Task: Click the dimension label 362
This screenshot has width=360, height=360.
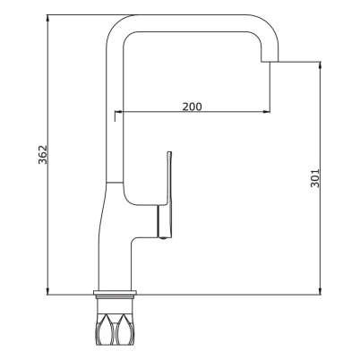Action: (x=43, y=155)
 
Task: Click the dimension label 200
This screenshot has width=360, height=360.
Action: (x=193, y=107)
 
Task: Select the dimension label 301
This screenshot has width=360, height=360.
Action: (x=315, y=178)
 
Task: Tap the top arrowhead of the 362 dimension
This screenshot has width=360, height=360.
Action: (x=47, y=18)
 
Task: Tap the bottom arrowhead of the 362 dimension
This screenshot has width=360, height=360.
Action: (x=47, y=291)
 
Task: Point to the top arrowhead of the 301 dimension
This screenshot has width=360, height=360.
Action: (x=320, y=65)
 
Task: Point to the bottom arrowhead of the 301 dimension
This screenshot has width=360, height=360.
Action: (x=320, y=291)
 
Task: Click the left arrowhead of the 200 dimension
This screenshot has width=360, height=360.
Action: (x=118, y=112)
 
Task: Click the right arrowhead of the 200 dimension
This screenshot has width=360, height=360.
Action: (x=266, y=112)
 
